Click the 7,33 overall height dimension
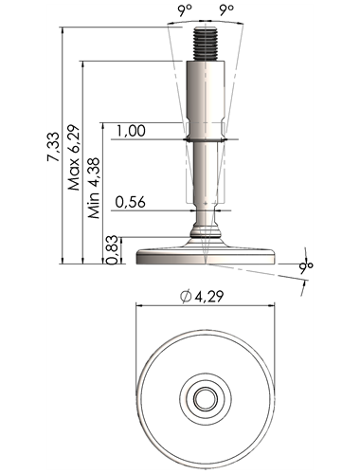(53, 147)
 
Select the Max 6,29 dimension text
(74, 157)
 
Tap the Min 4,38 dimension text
(94, 189)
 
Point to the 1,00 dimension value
(131, 131)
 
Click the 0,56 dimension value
(131, 202)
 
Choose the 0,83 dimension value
(113, 250)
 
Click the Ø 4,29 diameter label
(202, 296)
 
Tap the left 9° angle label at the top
(185, 10)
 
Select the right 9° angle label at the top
(226, 10)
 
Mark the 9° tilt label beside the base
(306, 266)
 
